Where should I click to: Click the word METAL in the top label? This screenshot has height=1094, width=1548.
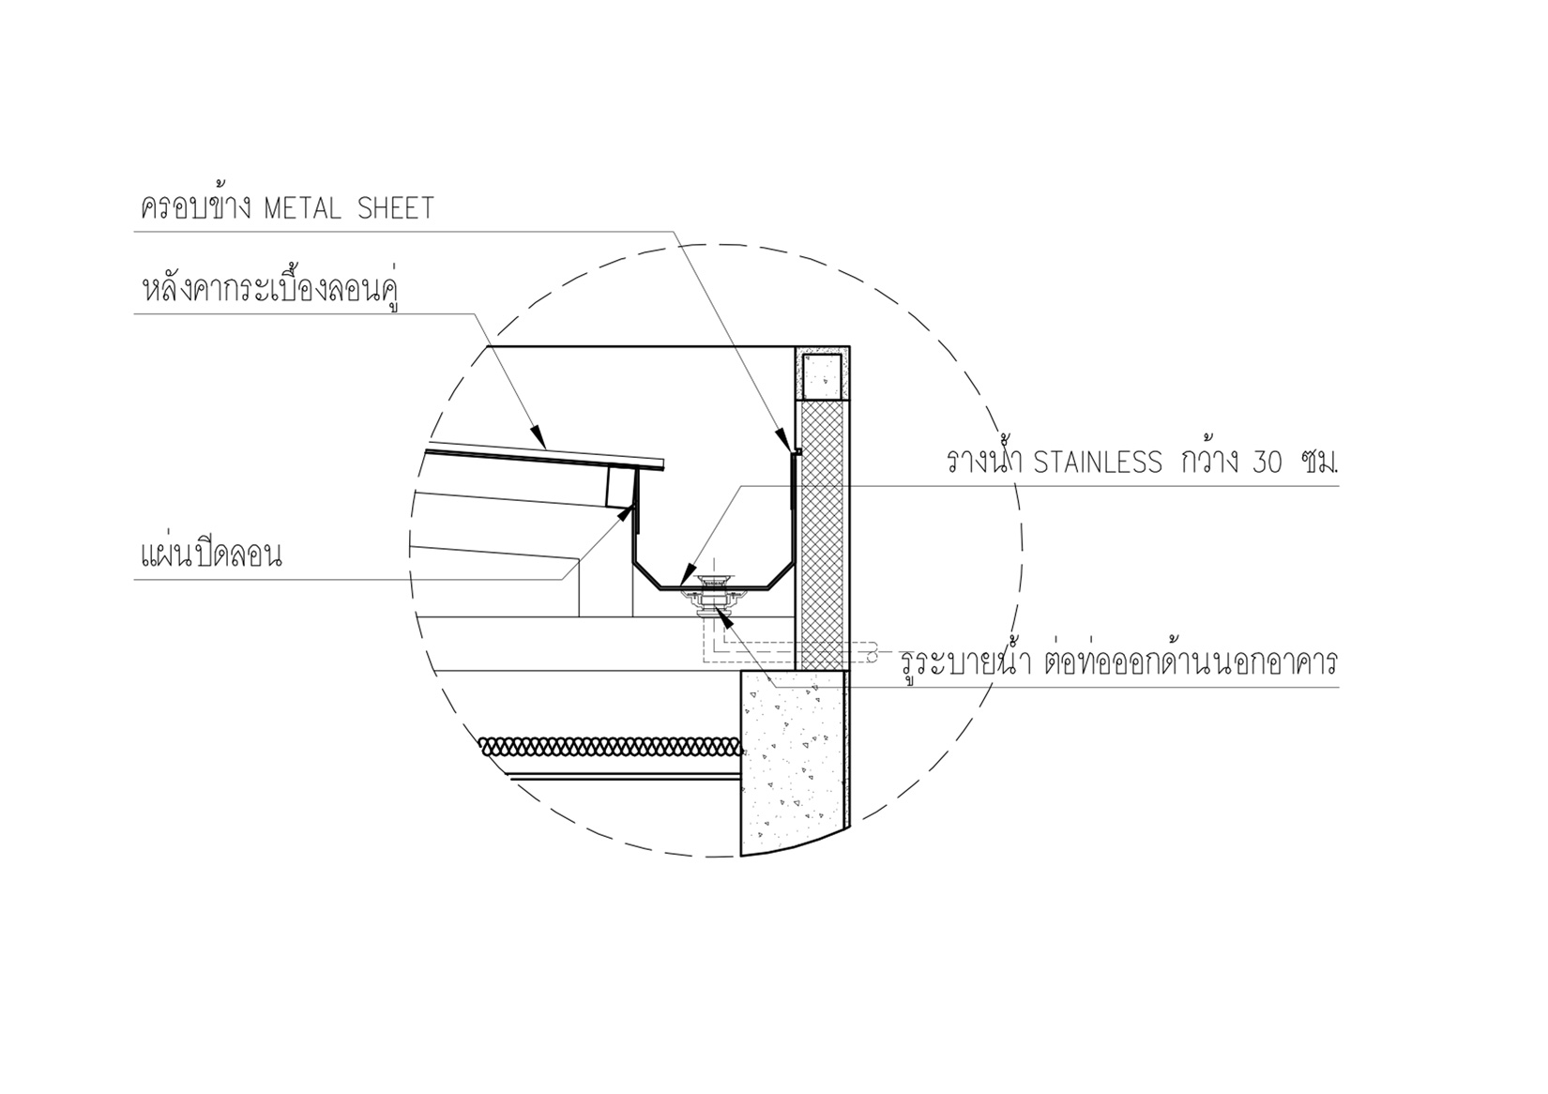[303, 208]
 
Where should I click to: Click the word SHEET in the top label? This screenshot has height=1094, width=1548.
[396, 208]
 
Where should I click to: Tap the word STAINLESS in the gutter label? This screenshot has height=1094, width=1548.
[1098, 463]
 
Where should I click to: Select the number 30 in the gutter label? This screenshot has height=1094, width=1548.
[1266, 463]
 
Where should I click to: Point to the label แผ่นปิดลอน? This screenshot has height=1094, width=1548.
[211, 555]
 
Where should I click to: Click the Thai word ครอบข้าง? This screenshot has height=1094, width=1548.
[195, 205]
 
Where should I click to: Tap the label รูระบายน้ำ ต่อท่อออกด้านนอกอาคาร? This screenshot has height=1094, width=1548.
[1119, 662]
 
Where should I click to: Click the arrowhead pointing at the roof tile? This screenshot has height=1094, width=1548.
[539, 437]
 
